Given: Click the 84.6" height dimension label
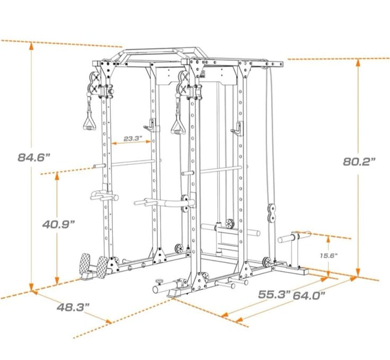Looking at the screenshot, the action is pos(34,157).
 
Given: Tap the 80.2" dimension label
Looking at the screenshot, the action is pos(359,162).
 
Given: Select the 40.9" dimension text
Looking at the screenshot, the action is pos(58,224).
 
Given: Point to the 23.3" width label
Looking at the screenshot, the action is pos(132,138).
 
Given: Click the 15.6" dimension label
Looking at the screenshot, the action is pos(329,256).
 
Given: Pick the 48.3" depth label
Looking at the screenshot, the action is pos(73,308).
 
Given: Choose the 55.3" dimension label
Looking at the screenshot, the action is pos(274,294).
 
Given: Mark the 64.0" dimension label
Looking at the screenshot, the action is pos(309,296).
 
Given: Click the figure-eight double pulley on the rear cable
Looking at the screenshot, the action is pos(271,213).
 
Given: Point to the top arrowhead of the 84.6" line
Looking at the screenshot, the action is pos(31,46).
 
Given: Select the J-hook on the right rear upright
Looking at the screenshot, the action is pos(237,129).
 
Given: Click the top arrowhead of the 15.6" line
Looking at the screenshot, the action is pos(329,240).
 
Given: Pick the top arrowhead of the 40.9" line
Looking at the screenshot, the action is pos(57,175).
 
